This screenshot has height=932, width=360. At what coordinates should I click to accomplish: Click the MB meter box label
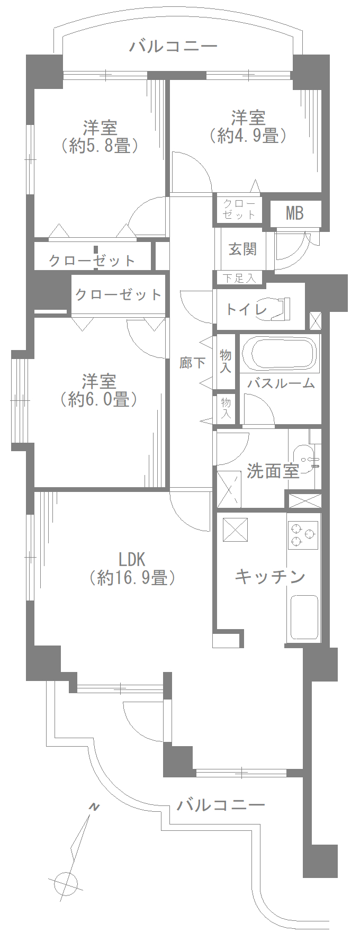pos(294,213)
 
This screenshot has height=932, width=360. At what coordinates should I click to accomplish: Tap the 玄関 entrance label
pos(242,248)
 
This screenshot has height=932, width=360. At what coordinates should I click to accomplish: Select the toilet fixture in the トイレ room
pos(282,309)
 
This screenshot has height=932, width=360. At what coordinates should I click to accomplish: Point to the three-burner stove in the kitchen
pos(303,535)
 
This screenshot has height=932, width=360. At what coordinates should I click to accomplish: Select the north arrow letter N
pos(94,807)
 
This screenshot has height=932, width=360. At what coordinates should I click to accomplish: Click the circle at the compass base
pos(66,883)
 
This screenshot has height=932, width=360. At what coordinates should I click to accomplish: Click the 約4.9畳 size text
pos(248,136)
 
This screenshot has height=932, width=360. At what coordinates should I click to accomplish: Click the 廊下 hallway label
pos(192,363)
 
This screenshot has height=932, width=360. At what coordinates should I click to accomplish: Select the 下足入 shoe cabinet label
pos(239,278)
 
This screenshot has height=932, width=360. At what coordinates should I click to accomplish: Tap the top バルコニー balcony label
pos(174,47)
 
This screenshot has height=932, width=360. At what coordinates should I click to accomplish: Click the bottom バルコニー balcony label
pos(220,805)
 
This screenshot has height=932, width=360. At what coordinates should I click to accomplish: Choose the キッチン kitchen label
pos(269,576)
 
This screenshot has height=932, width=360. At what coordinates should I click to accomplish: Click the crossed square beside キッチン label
pos(235,530)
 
